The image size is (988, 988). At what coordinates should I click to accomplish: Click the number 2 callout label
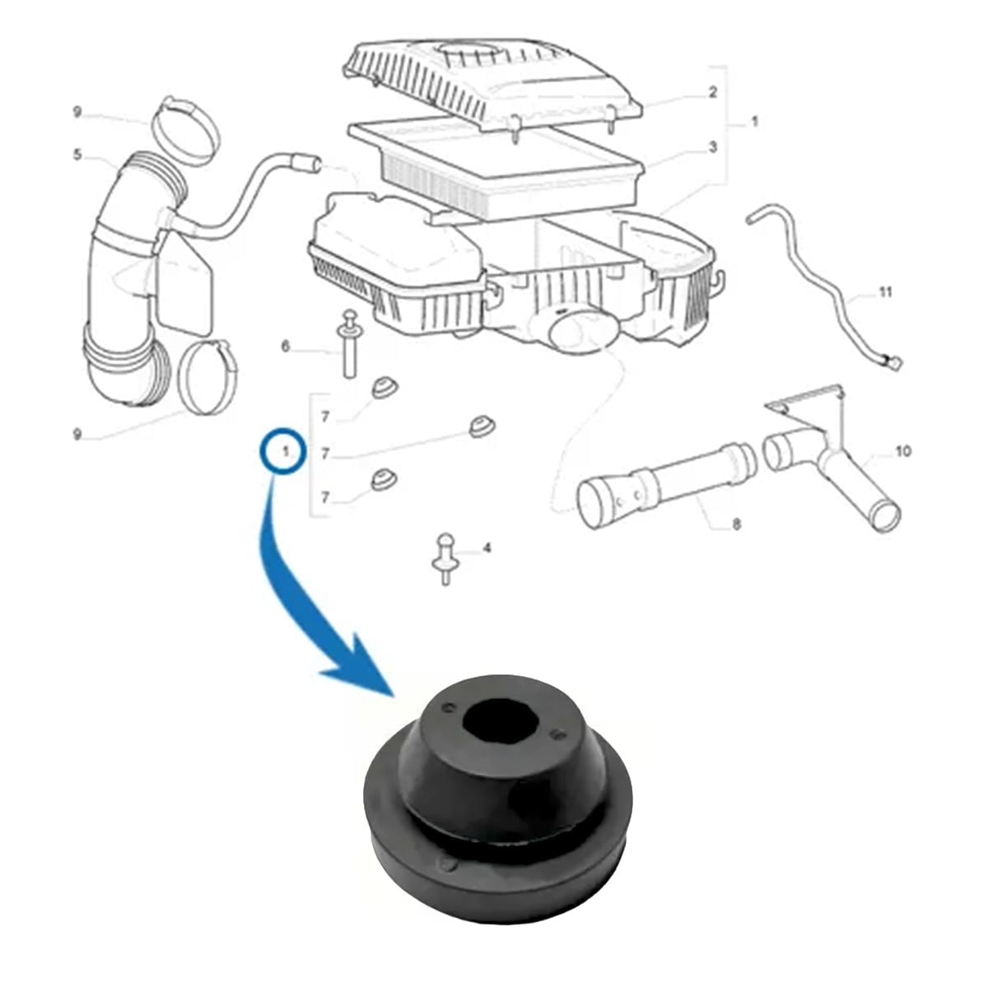(x=713, y=92)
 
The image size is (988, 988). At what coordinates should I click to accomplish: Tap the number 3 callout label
(x=713, y=147)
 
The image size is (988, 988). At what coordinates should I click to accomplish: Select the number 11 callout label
(x=885, y=292)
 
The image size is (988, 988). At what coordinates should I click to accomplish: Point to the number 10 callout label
(x=902, y=451)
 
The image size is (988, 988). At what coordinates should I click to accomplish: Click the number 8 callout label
(x=737, y=524)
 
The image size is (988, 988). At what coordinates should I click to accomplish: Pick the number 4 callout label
(x=487, y=548)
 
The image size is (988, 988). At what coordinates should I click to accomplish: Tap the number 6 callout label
(x=286, y=347)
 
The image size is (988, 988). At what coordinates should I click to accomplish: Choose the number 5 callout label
(x=77, y=154)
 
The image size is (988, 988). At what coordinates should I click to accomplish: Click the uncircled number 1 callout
(x=753, y=122)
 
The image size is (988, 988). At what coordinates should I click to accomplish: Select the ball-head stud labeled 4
(x=445, y=559)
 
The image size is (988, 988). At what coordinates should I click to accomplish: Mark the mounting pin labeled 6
(x=350, y=343)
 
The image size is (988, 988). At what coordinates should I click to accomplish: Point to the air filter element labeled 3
(x=496, y=163)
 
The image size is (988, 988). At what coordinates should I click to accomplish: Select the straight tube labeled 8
(x=668, y=485)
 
